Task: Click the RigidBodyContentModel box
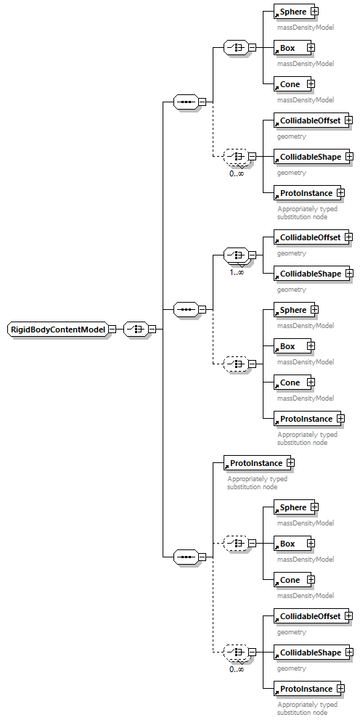coord(57,329)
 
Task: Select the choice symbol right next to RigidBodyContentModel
coord(135,329)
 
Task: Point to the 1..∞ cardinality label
coord(237,272)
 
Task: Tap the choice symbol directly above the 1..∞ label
coord(235,255)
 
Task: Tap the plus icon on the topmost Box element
coord(311,48)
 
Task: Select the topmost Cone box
coord(290,84)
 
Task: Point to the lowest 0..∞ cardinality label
coord(237,669)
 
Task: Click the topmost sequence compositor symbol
coord(186,102)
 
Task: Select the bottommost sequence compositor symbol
coord(186,557)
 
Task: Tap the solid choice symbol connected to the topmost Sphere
coord(235,48)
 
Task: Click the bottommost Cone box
coord(290,580)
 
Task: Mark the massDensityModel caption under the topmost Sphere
coord(305,27)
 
